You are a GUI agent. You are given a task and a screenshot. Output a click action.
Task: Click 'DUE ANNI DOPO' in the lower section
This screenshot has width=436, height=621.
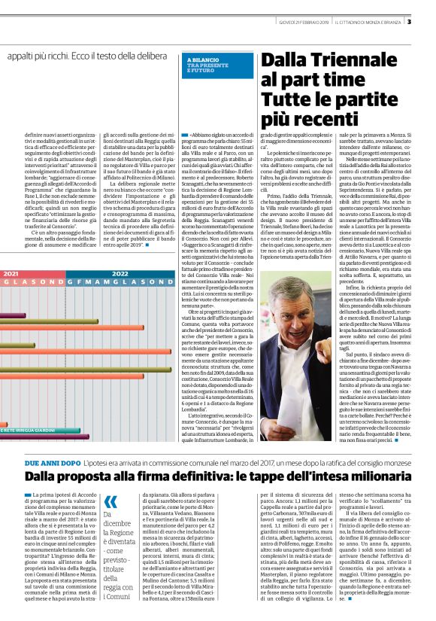click(51, 461)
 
